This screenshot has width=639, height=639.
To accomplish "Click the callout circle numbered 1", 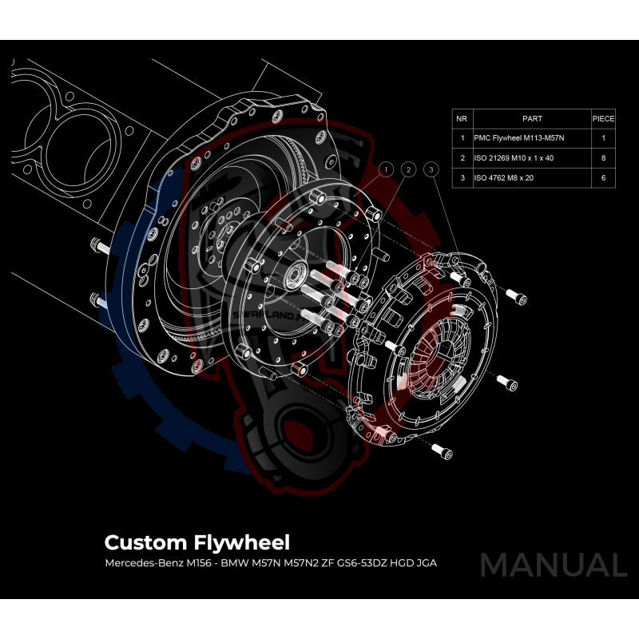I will (x=387, y=169).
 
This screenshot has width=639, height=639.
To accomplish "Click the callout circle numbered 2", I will (x=408, y=169).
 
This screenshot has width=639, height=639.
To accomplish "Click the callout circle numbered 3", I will (x=431, y=169).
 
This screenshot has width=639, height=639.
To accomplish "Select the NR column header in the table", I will (x=462, y=118).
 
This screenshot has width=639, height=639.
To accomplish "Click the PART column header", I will (x=531, y=118).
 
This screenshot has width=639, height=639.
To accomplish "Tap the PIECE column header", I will (x=603, y=118).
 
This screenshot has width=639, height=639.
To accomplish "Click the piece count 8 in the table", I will (x=603, y=158).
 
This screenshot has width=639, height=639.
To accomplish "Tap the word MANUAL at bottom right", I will (x=553, y=565).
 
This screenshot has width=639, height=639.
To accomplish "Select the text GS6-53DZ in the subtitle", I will (x=356, y=563).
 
